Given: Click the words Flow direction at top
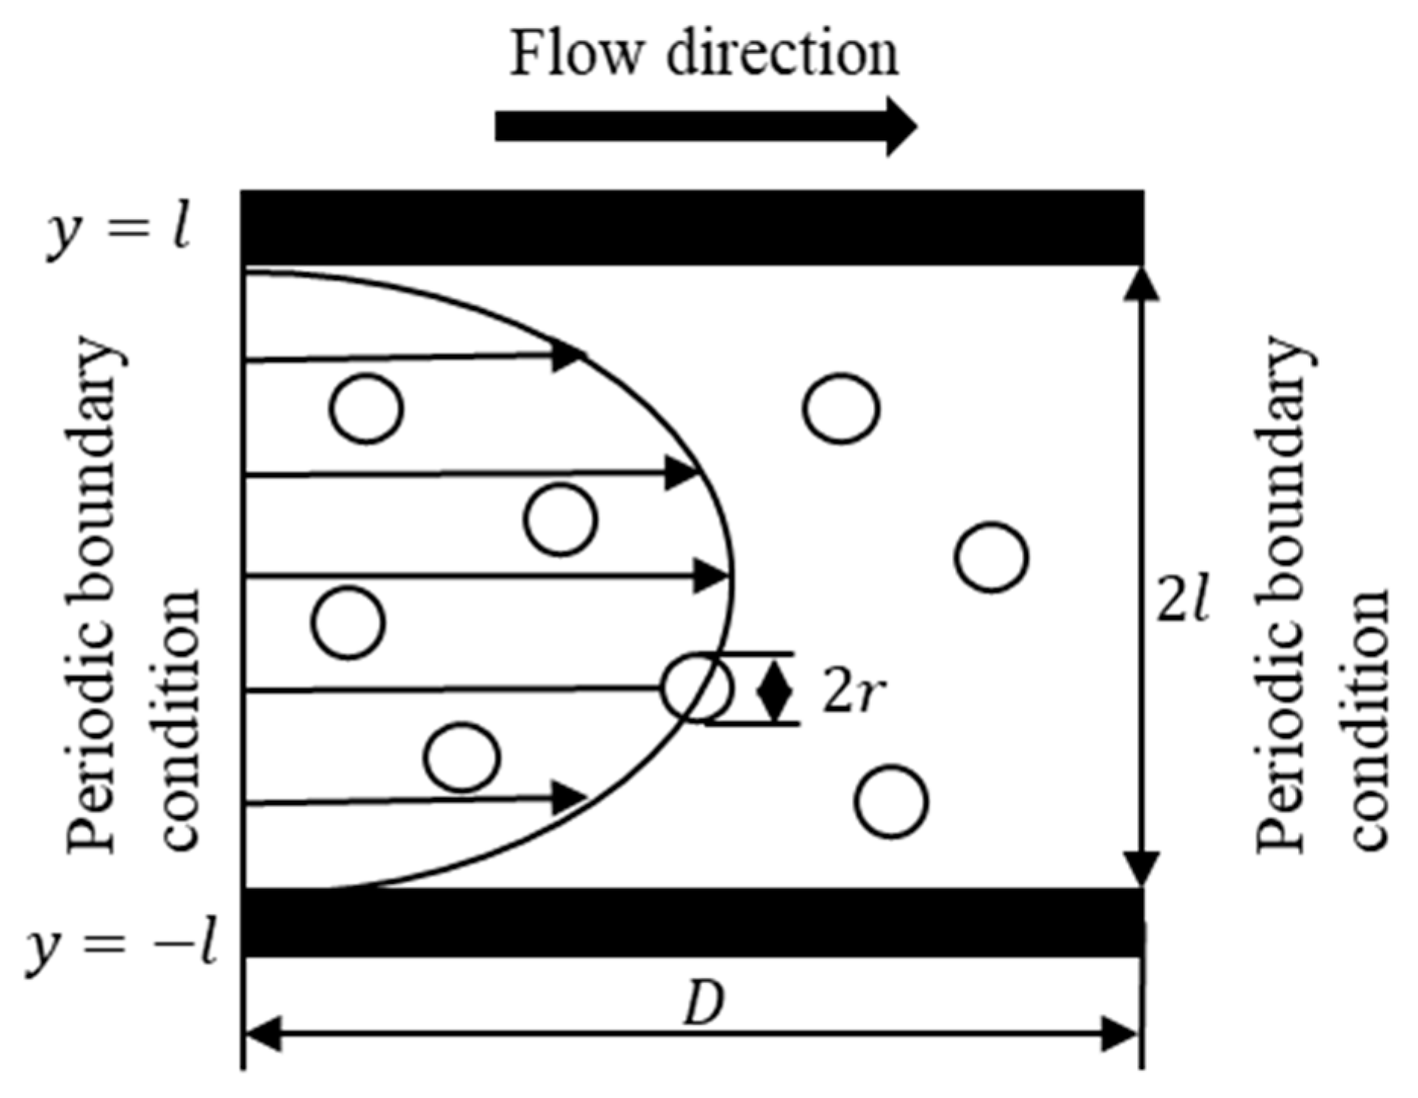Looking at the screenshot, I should pyautogui.click(x=704, y=55).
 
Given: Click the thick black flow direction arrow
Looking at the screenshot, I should pyautogui.click(x=705, y=126).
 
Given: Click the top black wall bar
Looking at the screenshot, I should pyautogui.click(x=692, y=227).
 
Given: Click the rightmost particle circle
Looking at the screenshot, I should pyautogui.click(x=991, y=557).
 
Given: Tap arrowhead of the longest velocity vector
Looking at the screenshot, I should pyautogui.click(x=713, y=577).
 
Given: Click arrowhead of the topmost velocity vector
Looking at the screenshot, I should pyautogui.click(x=567, y=356).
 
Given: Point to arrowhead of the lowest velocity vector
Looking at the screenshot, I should pyautogui.click(x=569, y=797).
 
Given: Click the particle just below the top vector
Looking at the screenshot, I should pyautogui.click(x=366, y=409).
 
